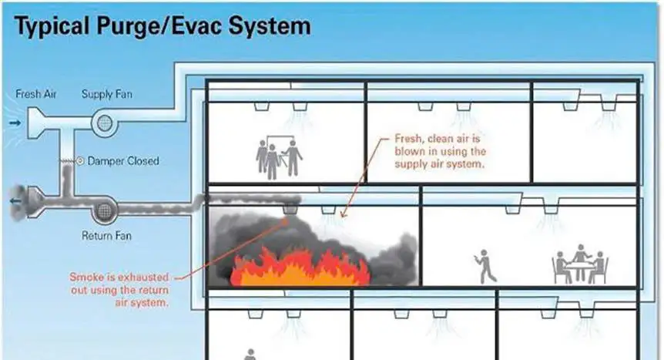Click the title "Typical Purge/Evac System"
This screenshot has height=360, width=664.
pos(163,27)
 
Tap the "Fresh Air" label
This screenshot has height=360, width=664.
pos(35,94)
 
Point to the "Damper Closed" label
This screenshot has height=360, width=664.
pos(123,161)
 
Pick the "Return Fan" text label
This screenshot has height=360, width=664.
pos(106,235)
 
